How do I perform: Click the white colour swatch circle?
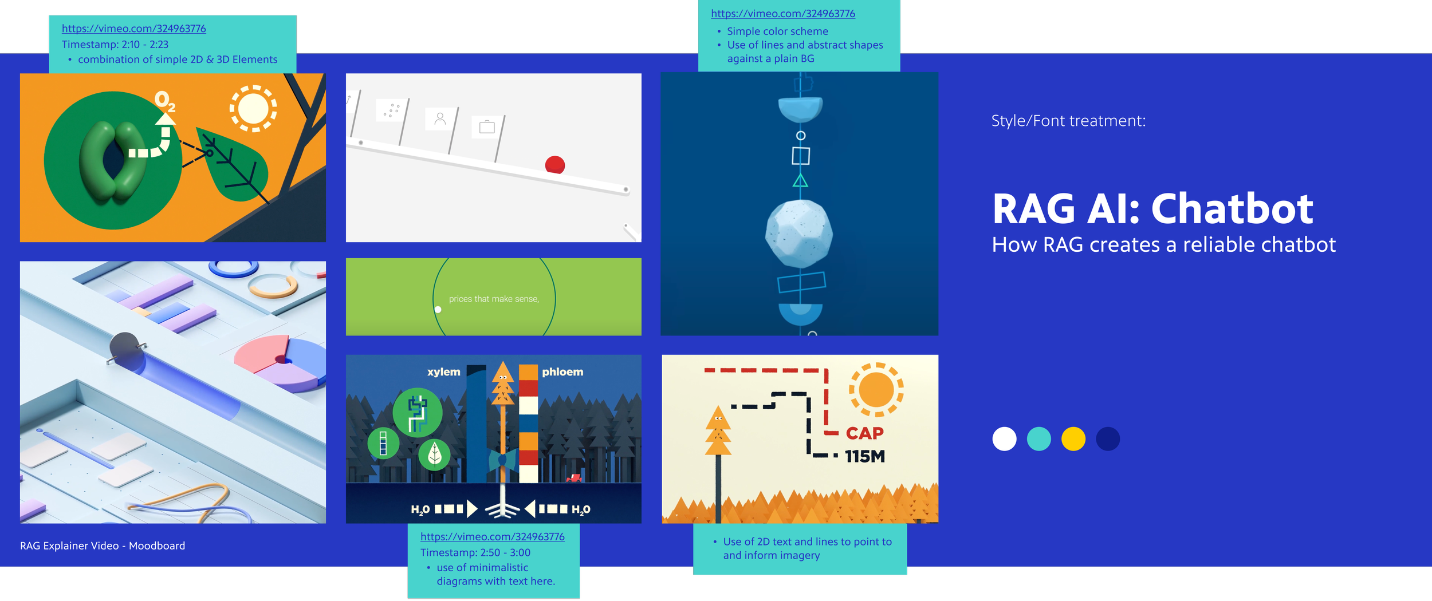pyautogui.click(x=1004, y=439)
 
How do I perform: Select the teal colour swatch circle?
pyautogui.click(x=1038, y=439)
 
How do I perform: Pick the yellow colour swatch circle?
pyautogui.click(x=1073, y=439)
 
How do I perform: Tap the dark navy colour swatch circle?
pyautogui.click(x=1107, y=439)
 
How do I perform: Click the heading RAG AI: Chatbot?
pyautogui.click(x=1152, y=209)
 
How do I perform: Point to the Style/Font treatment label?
pyautogui.click(x=1068, y=121)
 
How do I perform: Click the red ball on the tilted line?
pyautogui.click(x=554, y=165)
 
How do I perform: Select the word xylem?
pyautogui.click(x=443, y=371)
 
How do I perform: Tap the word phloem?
pyautogui.click(x=562, y=371)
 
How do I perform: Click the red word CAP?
pyautogui.click(x=864, y=433)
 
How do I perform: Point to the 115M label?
pyautogui.click(x=864, y=457)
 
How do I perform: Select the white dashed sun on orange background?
pyautogui.click(x=253, y=108)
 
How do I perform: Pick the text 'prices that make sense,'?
pyautogui.click(x=494, y=299)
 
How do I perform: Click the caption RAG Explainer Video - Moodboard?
pyautogui.click(x=103, y=545)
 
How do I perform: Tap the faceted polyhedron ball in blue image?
pyautogui.click(x=799, y=233)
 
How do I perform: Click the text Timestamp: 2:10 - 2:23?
pyautogui.click(x=115, y=44)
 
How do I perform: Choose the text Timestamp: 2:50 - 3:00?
pyautogui.click(x=475, y=552)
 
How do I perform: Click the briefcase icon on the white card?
pyautogui.click(x=487, y=126)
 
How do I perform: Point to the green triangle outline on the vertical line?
pyautogui.click(x=800, y=181)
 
